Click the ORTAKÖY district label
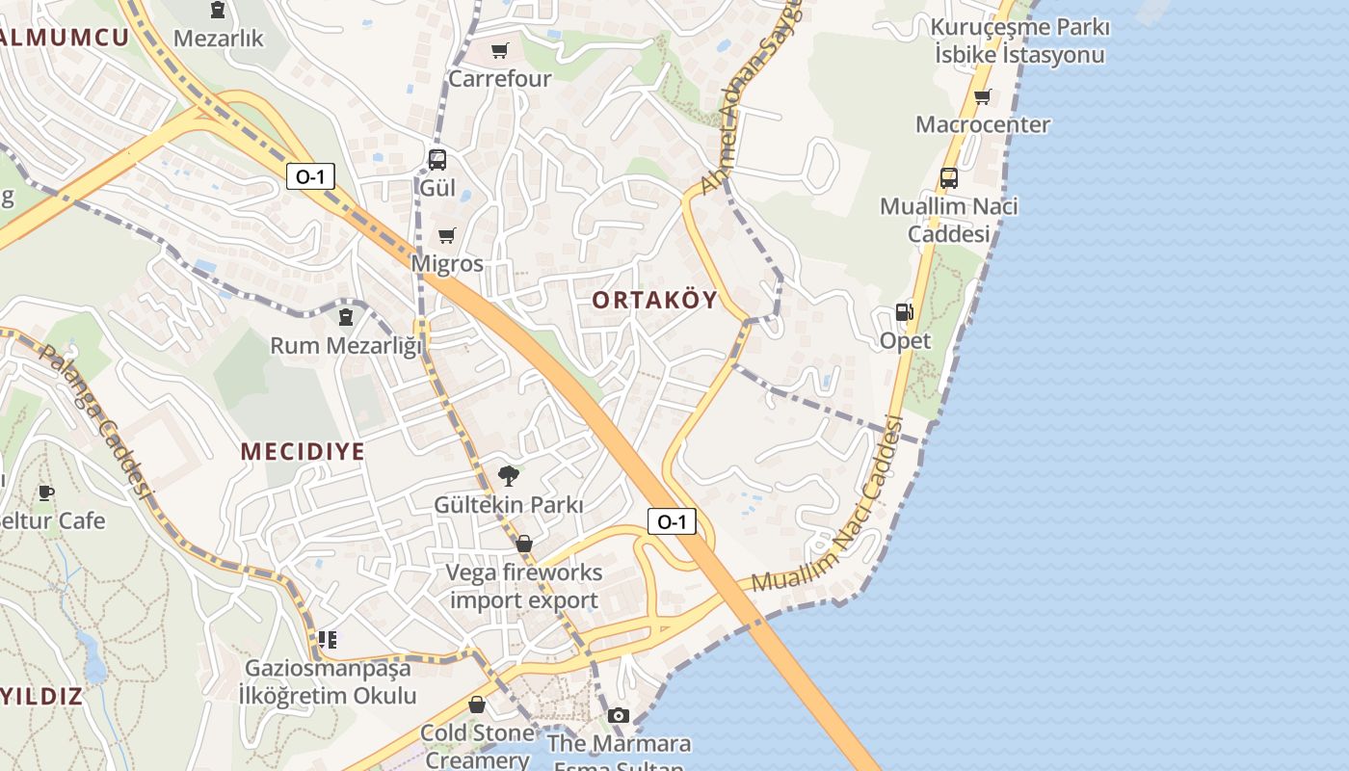click(654, 300)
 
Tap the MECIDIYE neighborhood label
click(303, 451)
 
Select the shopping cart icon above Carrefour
click(499, 50)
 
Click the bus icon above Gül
click(437, 159)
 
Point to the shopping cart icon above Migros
click(446, 235)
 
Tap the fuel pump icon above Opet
click(904, 311)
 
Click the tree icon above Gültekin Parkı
click(508, 475)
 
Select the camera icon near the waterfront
click(619, 715)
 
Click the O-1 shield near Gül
click(310, 176)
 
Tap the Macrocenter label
click(982, 124)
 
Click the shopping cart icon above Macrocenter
click(982, 96)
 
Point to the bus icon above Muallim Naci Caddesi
click(948, 177)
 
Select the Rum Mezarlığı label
click(346, 345)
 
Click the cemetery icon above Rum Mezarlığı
click(345, 316)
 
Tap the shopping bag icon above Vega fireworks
click(524, 545)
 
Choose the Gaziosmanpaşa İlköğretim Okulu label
click(328, 681)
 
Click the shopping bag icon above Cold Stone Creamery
click(476, 705)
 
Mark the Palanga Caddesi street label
click(96, 419)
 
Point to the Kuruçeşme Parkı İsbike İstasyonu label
click(1019, 40)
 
